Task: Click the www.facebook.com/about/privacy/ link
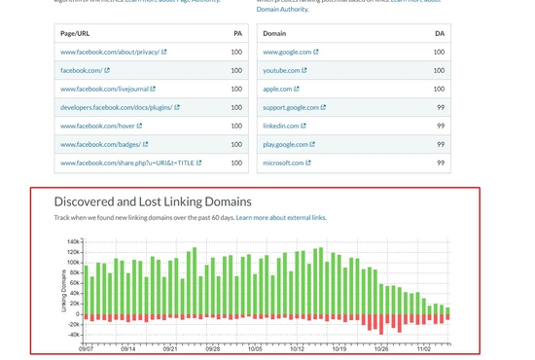pyautogui.click(x=109, y=52)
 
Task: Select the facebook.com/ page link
pyautogui.click(x=81, y=70)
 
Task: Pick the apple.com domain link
pyautogui.click(x=278, y=89)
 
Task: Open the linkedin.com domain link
pyautogui.click(x=281, y=126)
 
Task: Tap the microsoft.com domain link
pyautogui.click(x=284, y=162)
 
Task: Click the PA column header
pyautogui.click(x=237, y=33)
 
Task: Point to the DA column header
pyautogui.click(x=439, y=33)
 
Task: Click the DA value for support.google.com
pyautogui.click(x=441, y=107)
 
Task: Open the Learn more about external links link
pyautogui.click(x=281, y=218)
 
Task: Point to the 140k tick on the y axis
pyautogui.click(x=74, y=240)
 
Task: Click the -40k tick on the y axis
pyautogui.click(x=73, y=335)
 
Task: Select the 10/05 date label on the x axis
pyautogui.click(x=256, y=347)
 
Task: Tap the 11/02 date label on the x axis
pyautogui.click(x=426, y=347)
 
